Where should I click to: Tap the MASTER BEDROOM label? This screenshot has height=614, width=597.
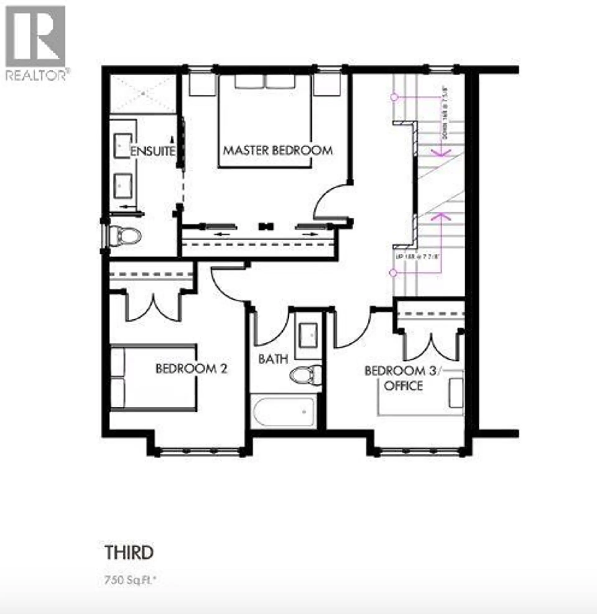click(278, 151)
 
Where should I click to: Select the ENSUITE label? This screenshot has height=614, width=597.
click(153, 151)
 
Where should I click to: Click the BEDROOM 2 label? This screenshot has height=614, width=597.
click(191, 369)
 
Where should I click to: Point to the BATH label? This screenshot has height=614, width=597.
click(273, 359)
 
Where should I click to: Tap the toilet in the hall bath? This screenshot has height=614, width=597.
click(306, 375)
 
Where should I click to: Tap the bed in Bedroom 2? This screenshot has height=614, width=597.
click(154, 378)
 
